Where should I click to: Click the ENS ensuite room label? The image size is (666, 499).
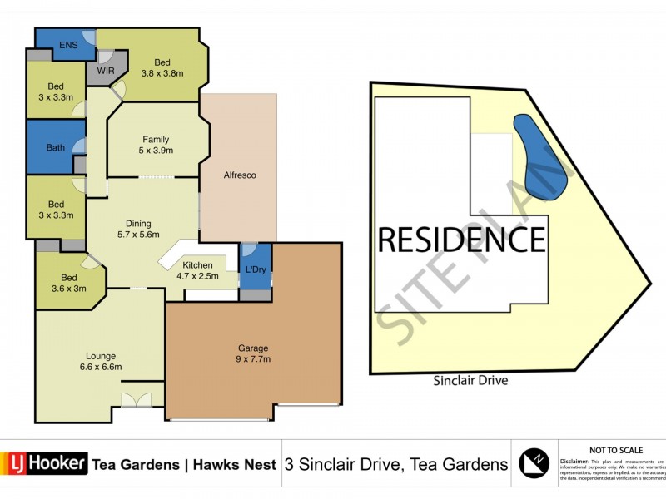pos(67,47)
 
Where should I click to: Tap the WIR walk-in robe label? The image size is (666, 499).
pos(106,72)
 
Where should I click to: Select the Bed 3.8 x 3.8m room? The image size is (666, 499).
pos(162,67)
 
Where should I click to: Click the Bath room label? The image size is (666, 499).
pos(56,148)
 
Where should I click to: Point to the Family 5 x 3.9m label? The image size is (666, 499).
pos(155,145)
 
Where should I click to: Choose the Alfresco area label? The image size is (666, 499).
pos(239,175)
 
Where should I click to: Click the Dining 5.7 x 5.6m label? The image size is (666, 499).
pos(138,229)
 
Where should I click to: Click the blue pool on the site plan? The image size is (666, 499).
pos(542,156)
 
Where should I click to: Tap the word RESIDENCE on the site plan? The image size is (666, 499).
pos(462,240)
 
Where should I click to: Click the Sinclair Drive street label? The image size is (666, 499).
pos(470,381)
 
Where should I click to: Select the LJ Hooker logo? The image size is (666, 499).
pos(46,463)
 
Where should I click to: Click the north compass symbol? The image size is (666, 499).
pos(534,463)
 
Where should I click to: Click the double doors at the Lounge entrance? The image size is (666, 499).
pos(132,400)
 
